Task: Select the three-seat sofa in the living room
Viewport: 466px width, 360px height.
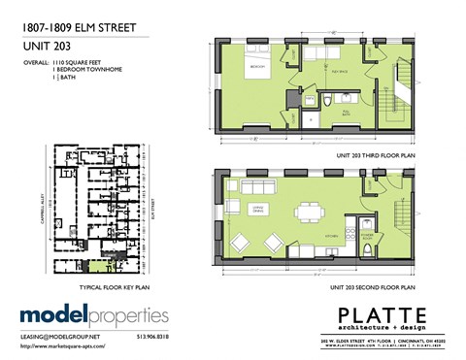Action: coord(259,186)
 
